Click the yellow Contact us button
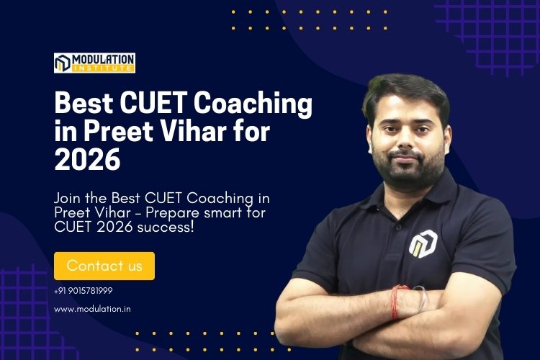pyautogui.click(x=104, y=266)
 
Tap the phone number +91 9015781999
pyautogui.click(x=83, y=291)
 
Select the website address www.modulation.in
pyautogui.click(x=87, y=309)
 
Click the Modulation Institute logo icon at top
pyautogui.click(x=63, y=63)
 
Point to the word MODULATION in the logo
pyautogui.click(x=103, y=58)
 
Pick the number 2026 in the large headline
pyautogui.click(x=87, y=160)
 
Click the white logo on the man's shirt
pyautogui.click(x=421, y=243)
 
